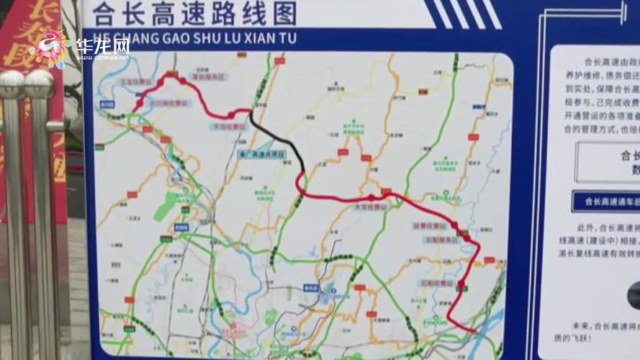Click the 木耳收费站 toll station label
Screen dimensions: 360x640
370,207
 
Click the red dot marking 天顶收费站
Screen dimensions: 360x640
230,115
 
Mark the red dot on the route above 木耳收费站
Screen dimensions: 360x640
371,197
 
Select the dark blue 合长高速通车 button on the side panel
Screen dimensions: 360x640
605,202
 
